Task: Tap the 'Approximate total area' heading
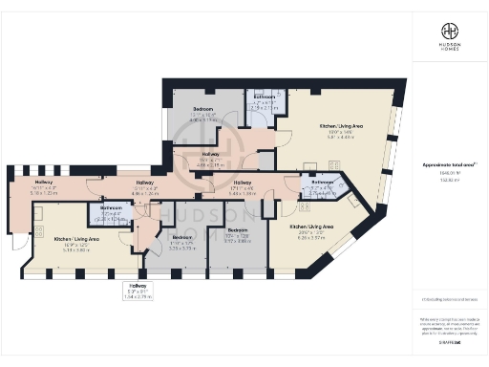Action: [448, 164]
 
